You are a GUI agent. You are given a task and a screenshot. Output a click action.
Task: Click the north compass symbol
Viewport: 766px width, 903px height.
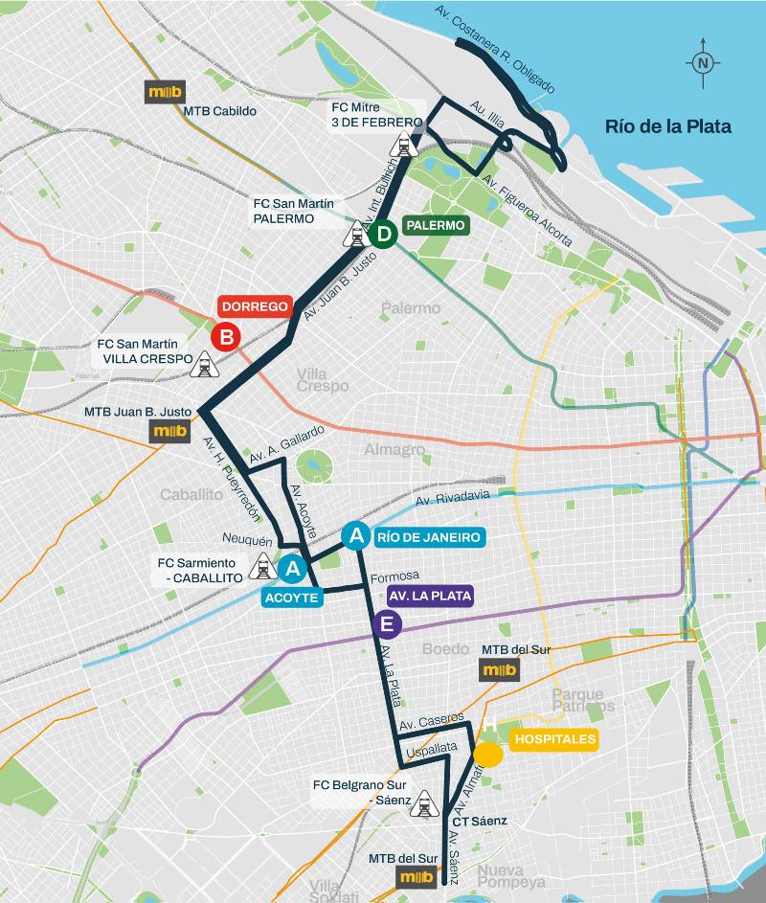tap(703, 62)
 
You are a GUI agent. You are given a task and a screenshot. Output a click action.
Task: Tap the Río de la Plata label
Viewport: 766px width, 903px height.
tap(667, 126)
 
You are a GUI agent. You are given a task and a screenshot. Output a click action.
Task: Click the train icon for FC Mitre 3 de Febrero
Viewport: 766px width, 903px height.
tap(404, 145)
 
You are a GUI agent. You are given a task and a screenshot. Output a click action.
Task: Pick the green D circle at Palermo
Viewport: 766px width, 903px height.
tap(383, 234)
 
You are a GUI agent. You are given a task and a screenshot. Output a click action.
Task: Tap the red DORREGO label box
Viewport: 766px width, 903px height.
tap(255, 306)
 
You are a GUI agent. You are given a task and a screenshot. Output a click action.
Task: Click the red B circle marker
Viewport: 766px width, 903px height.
tap(226, 337)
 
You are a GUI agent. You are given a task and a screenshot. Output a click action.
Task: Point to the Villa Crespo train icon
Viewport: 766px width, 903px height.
tap(204, 364)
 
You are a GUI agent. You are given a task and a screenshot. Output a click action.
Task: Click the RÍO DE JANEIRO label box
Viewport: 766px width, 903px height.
tap(428, 537)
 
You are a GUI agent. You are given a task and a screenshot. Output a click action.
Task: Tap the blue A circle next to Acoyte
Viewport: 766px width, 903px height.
tap(293, 571)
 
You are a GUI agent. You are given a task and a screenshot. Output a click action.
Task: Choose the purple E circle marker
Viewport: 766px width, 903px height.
tap(388, 625)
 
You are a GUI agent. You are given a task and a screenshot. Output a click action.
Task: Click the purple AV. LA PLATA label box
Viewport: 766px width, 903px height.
tap(430, 596)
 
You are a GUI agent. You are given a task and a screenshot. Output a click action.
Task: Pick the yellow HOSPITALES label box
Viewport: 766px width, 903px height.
tap(554, 739)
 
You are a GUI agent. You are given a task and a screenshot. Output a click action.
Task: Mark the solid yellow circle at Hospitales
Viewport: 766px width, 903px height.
tap(488, 755)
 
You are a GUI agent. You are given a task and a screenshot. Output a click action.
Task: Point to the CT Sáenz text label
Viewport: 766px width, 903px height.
tap(479, 821)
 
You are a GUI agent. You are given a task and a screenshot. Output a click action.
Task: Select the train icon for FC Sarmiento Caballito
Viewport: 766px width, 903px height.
tap(261, 567)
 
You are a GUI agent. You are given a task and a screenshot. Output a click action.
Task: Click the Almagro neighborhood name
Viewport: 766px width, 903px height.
tap(394, 449)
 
